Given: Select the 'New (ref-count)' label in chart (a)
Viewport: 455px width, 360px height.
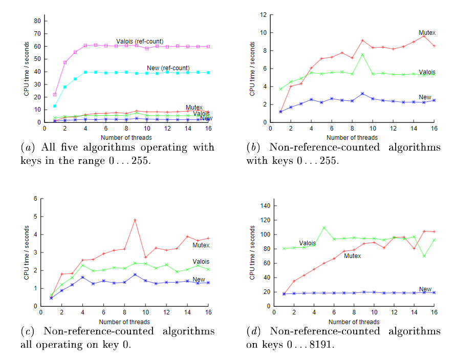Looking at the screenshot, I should coord(167,68).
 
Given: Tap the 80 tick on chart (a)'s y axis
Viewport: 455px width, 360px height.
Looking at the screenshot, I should coord(37,21).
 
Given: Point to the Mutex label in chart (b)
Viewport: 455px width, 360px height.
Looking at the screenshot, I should coord(427,33).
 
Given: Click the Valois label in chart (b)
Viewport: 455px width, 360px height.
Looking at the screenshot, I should coord(427,72).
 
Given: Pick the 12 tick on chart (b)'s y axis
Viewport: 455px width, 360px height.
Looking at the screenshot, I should coord(263,15).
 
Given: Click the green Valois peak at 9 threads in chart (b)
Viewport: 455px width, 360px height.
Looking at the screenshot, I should coord(362,54).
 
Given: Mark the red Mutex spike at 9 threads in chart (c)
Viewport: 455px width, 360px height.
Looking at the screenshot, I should coord(135,220).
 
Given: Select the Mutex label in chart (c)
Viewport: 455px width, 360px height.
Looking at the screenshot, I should coord(201,245).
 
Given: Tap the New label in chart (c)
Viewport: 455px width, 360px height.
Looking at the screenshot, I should coord(199,280).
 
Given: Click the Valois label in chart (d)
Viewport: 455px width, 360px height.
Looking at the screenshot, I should coord(307,243).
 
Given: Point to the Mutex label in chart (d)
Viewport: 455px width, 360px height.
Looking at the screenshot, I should coord(352,256).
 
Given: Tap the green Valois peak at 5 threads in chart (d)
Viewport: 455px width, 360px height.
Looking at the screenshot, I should coord(324,227).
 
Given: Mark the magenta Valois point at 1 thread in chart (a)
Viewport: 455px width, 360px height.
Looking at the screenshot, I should coord(55,95).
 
